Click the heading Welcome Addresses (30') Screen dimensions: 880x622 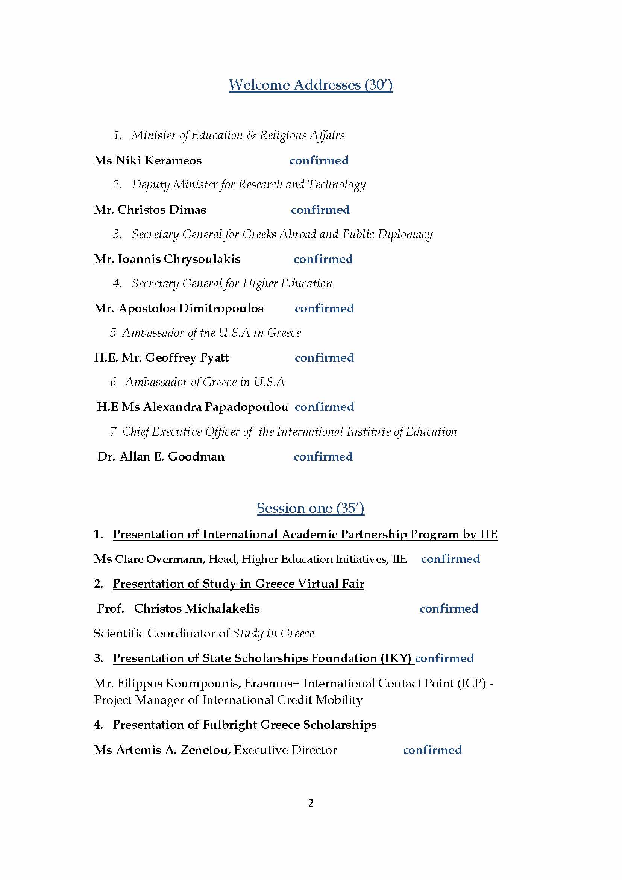[x=311, y=85]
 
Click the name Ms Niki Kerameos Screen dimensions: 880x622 [x=148, y=160]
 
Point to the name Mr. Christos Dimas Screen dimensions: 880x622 [x=150, y=210]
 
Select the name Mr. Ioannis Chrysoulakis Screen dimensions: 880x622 [x=167, y=259]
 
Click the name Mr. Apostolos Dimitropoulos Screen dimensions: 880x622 [x=179, y=308]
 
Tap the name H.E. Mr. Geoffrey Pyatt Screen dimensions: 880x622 [x=161, y=357]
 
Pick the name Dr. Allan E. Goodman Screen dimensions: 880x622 [x=161, y=456]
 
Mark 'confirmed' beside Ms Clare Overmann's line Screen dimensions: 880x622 [x=450, y=559]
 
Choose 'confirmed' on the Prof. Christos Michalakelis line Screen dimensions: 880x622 [x=449, y=608]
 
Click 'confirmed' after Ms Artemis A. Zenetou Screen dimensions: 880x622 [x=432, y=750]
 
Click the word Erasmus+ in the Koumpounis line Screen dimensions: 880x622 [x=272, y=683]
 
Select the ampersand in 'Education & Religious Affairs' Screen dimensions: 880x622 [x=251, y=135]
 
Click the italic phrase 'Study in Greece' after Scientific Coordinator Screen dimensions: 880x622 [x=273, y=633]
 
